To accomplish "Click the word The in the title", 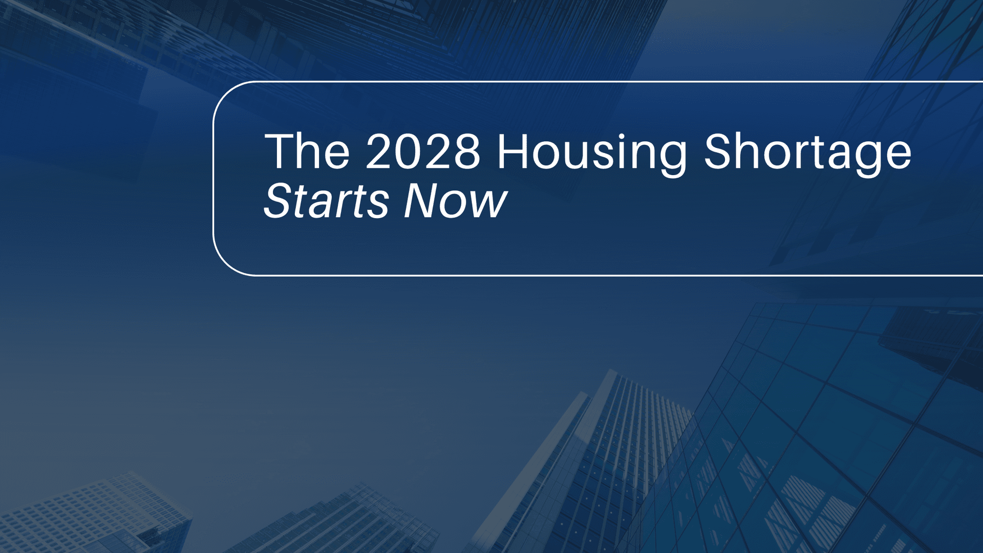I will coord(307,152).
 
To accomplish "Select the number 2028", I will coord(423,152).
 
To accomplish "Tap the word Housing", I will coord(592,153).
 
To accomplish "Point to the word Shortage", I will coord(807,152).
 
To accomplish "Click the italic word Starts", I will coord(326,201).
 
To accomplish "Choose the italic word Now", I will coord(455,201).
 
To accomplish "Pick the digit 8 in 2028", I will coord(466,152).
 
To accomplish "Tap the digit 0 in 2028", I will coord(408,152).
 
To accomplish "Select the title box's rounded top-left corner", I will coord(225,94).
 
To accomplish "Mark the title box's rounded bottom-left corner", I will coord(225,263).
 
